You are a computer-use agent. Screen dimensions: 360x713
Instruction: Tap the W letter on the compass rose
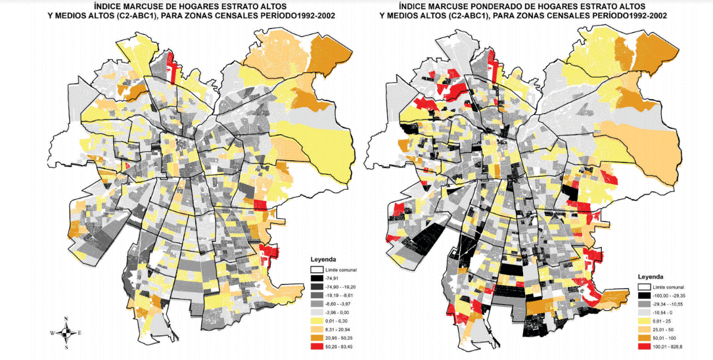click(x=53, y=333)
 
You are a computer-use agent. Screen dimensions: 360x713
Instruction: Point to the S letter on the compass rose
click(x=67, y=348)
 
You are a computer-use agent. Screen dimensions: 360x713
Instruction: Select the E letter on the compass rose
click(x=80, y=333)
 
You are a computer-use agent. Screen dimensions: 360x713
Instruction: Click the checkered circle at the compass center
click(x=67, y=333)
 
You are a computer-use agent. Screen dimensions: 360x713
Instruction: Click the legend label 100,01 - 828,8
click(x=670, y=346)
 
